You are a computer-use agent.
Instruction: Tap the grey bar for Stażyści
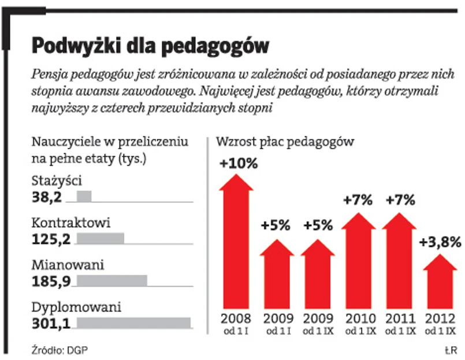click(84, 196)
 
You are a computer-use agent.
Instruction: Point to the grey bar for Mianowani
click(112, 281)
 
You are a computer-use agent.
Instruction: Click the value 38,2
click(46, 197)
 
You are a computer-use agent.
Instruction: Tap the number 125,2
click(51, 239)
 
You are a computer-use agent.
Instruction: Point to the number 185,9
click(51, 281)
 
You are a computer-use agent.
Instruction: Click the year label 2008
click(236, 318)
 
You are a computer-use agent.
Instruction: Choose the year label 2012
click(440, 318)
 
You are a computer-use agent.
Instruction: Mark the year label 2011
click(400, 318)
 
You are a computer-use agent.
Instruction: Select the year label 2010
click(359, 318)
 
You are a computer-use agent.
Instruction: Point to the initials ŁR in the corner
click(451, 350)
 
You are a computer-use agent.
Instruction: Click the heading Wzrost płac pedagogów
click(284, 141)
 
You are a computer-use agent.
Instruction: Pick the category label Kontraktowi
click(70, 222)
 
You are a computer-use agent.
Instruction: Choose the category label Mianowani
click(68, 265)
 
